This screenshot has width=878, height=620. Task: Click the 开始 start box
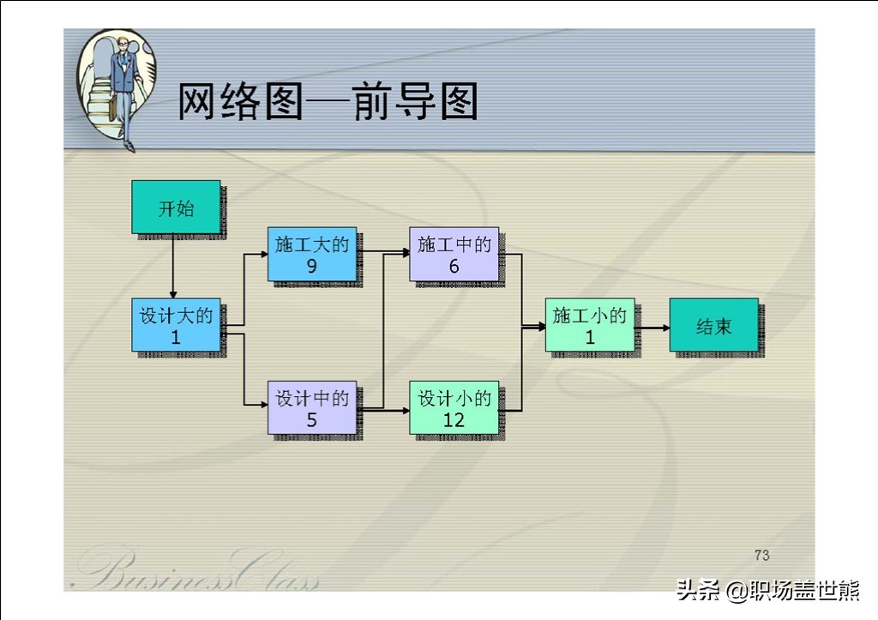point(176,207)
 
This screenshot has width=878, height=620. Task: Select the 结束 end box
point(714,325)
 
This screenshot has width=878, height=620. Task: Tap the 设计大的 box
point(176,325)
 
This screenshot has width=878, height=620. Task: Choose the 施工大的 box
point(312,254)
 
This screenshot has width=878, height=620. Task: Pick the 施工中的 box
point(454,254)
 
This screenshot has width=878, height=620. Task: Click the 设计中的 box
point(312,407)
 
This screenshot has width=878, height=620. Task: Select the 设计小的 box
point(454,407)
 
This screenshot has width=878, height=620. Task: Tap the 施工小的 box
point(590,325)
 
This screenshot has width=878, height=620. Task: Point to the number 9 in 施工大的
point(312,266)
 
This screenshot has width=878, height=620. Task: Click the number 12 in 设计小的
point(454,419)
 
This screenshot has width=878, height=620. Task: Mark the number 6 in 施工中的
point(454,266)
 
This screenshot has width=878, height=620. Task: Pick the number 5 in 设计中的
point(312,419)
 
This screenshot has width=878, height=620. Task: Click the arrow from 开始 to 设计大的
point(173,266)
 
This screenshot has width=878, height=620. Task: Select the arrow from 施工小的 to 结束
point(652,328)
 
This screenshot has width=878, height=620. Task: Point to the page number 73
point(761,555)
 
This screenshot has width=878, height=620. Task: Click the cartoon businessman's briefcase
point(113,108)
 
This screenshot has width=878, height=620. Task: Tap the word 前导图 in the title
point(415,101)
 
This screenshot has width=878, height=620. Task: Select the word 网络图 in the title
point(240,101)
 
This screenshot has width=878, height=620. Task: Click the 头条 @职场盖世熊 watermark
point(767,590)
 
